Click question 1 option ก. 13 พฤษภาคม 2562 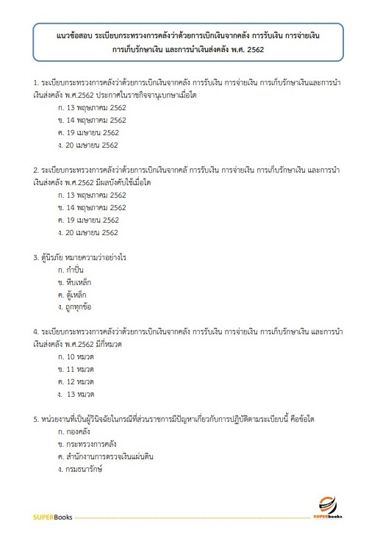tap(92, 107)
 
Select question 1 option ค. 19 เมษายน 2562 tap(87, 132)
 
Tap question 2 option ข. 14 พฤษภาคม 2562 tap(92, 207)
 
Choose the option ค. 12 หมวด tap(77, 381)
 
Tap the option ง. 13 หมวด tap(78, 394)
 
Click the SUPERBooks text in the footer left tap(51, 519)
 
